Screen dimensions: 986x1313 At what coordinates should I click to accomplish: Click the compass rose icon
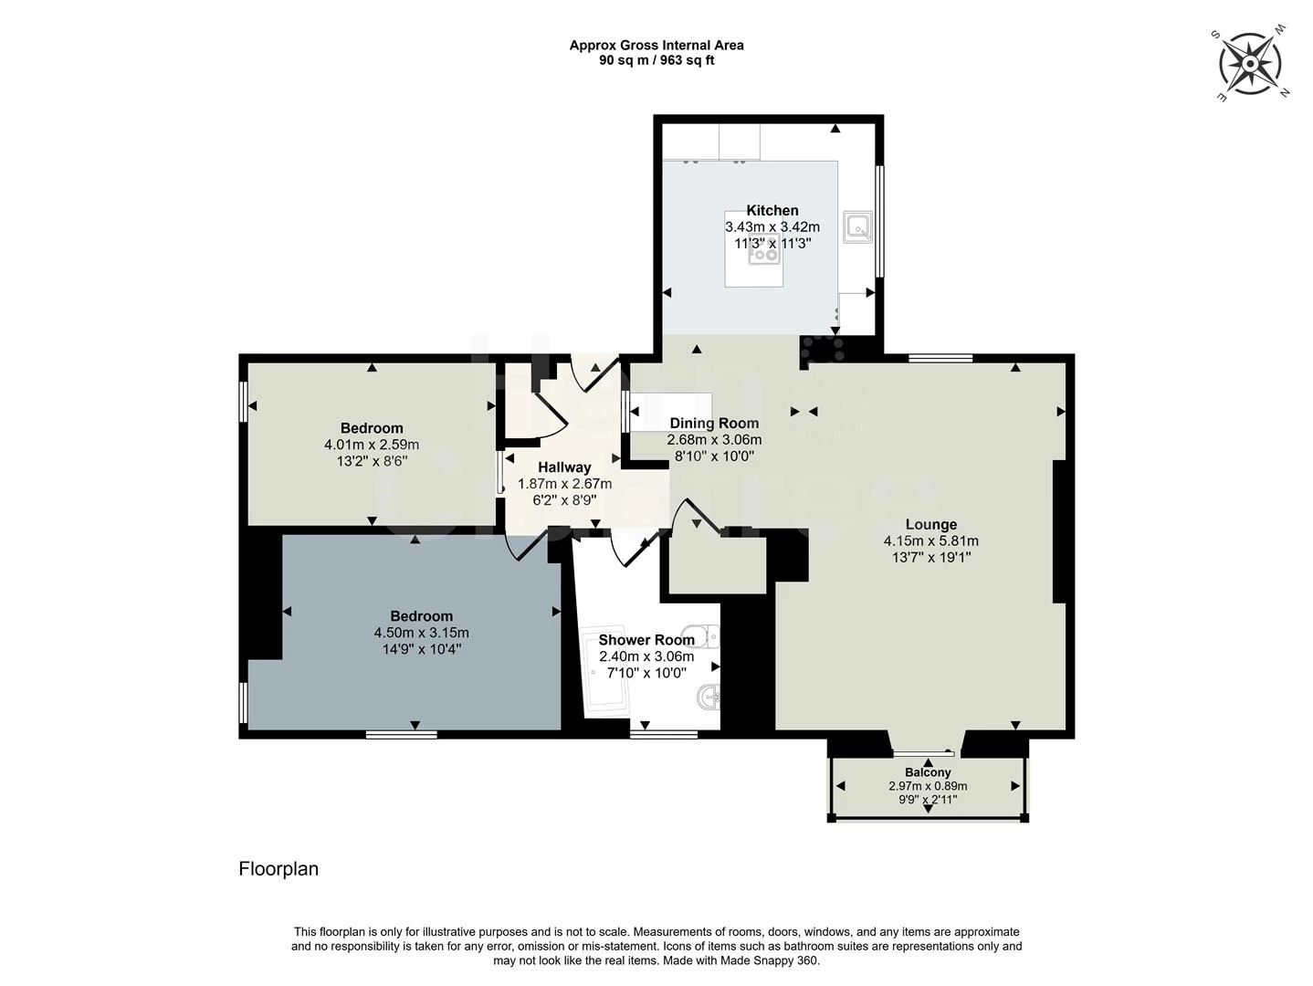[x=1250, y=64]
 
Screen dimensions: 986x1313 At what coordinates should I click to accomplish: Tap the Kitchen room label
[x=772, y=210]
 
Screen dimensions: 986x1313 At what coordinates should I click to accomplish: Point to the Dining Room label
[x=714, y=423]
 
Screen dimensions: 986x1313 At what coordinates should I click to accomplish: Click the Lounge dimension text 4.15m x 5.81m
[x=930, y=540]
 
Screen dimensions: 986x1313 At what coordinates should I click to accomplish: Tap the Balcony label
[x=928, y=772]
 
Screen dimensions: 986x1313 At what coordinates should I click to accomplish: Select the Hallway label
[x=564, y=467]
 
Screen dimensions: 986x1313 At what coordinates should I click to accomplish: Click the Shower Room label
[x=646, y=640]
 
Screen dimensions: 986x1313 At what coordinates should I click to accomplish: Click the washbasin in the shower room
[x=709, y=698]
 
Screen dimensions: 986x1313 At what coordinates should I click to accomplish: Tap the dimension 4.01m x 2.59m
[x=372, y=445]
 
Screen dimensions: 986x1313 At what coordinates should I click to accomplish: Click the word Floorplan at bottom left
[x=278, y=868]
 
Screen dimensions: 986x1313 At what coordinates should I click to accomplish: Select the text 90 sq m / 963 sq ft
[x=656, y=60]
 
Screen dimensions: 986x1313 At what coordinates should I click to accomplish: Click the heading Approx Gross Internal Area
[x=656, y=45]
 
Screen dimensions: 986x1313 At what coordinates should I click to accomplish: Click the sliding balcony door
[x=924, y=753]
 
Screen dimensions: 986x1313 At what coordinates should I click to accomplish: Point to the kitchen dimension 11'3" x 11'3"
[x=772, y=244]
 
